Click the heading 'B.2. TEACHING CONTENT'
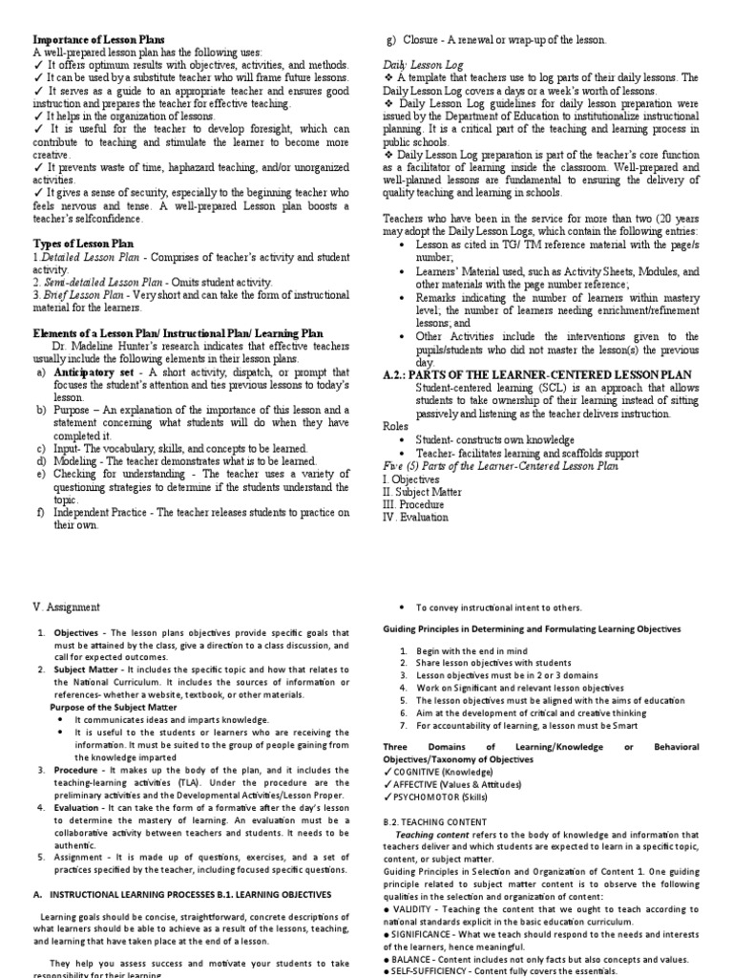[434, 820]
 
